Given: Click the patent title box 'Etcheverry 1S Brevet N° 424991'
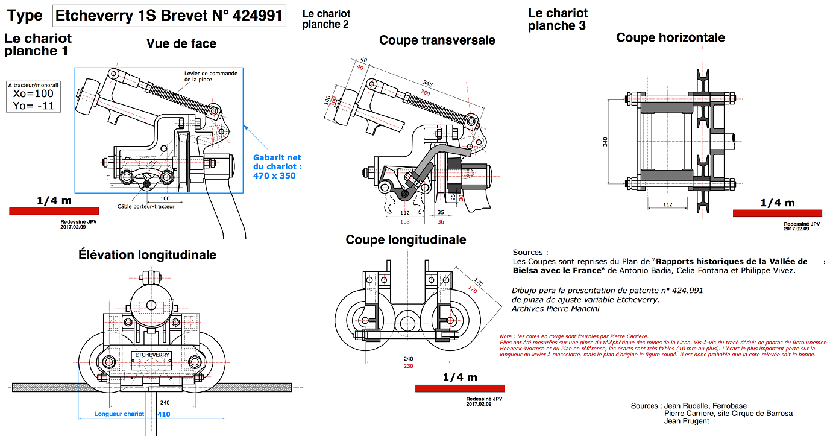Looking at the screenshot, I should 169,16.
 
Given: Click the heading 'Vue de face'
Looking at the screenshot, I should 181,43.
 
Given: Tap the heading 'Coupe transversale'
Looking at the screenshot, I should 437,40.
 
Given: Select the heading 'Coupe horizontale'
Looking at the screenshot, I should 670,37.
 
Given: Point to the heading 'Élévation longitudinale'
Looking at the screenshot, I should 147,254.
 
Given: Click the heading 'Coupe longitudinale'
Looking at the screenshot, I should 406,239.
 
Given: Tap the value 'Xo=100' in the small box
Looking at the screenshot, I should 33,93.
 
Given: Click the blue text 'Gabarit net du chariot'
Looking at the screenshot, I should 277,162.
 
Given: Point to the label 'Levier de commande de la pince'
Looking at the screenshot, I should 211,76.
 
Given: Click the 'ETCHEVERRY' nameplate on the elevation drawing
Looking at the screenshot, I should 153,355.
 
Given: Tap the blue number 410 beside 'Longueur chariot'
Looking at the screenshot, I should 163,414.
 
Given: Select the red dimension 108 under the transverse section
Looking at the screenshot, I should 405,222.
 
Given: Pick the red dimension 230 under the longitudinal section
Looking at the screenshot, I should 408,366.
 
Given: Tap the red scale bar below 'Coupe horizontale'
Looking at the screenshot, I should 777,213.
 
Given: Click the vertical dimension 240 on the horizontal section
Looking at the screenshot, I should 605,141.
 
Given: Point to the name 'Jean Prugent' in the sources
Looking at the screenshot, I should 687,421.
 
